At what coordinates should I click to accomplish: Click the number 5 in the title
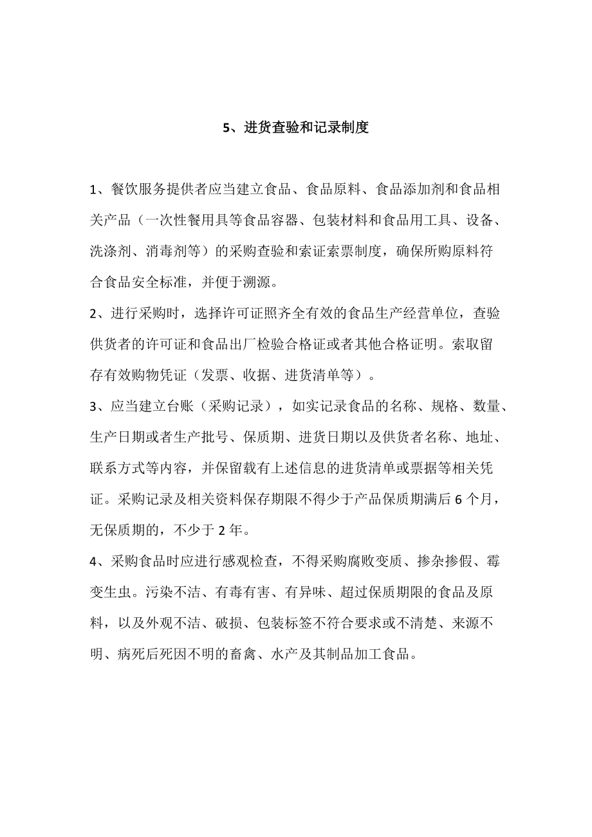click(226, 128)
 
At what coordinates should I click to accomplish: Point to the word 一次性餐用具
click(188, 221)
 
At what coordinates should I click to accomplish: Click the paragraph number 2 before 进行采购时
click(93, 313)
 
